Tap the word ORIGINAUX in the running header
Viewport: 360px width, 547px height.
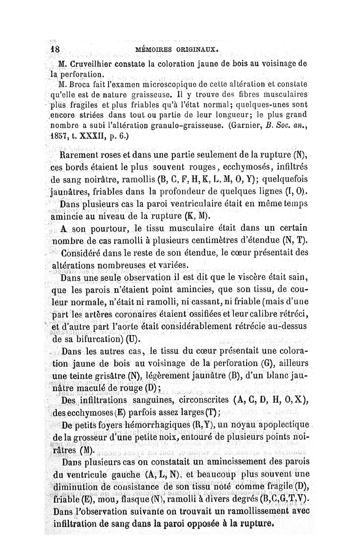196,49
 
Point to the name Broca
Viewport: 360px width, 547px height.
82,83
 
